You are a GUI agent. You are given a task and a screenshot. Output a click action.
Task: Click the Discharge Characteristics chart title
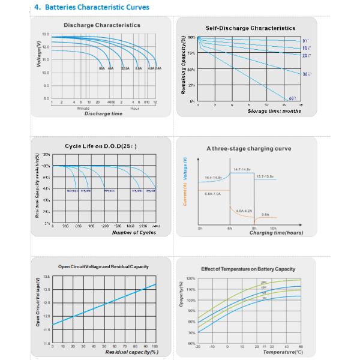[102, 25]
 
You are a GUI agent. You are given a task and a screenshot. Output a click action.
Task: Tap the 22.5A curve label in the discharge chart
[125, 69]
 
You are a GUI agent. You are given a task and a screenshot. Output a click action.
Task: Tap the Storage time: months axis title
[275, 111]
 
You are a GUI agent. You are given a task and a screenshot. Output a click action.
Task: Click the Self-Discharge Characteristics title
[250, 28]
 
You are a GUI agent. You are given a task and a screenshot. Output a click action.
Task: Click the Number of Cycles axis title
[118, 232]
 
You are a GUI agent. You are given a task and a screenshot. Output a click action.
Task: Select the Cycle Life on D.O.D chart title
[101, 146]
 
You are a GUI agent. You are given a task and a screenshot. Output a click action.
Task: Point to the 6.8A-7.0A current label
[214, 194]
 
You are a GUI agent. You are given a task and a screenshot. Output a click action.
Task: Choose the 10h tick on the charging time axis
[273, 229]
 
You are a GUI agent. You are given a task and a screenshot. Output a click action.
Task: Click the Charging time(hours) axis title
[275, 233]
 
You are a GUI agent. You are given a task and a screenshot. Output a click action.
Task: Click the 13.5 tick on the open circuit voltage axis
[46, 277]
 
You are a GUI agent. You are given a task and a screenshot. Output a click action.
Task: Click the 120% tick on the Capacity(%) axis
[191, 279]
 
